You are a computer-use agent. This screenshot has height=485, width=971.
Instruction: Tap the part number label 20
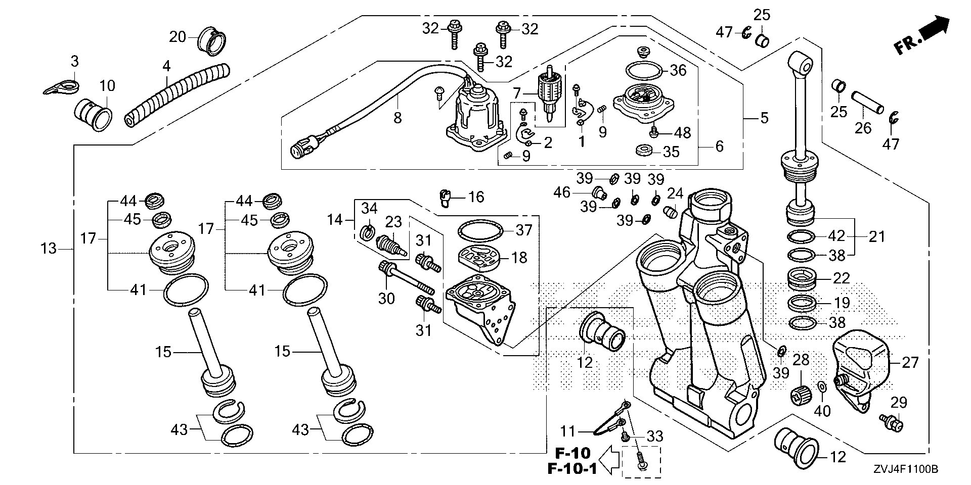point(178,37)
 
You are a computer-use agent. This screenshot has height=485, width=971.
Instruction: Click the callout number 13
point(49,249)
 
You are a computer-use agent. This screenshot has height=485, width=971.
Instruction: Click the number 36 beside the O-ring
point(678,70)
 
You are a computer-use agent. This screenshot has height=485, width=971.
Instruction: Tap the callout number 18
point(519,258)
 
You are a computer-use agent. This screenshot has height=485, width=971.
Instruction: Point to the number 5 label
point(764,118)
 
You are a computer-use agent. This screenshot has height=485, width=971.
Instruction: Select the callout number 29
point(899,403)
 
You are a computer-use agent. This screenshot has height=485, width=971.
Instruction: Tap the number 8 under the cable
point(398,118)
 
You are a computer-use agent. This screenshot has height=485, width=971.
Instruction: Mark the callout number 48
point(682,133)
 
